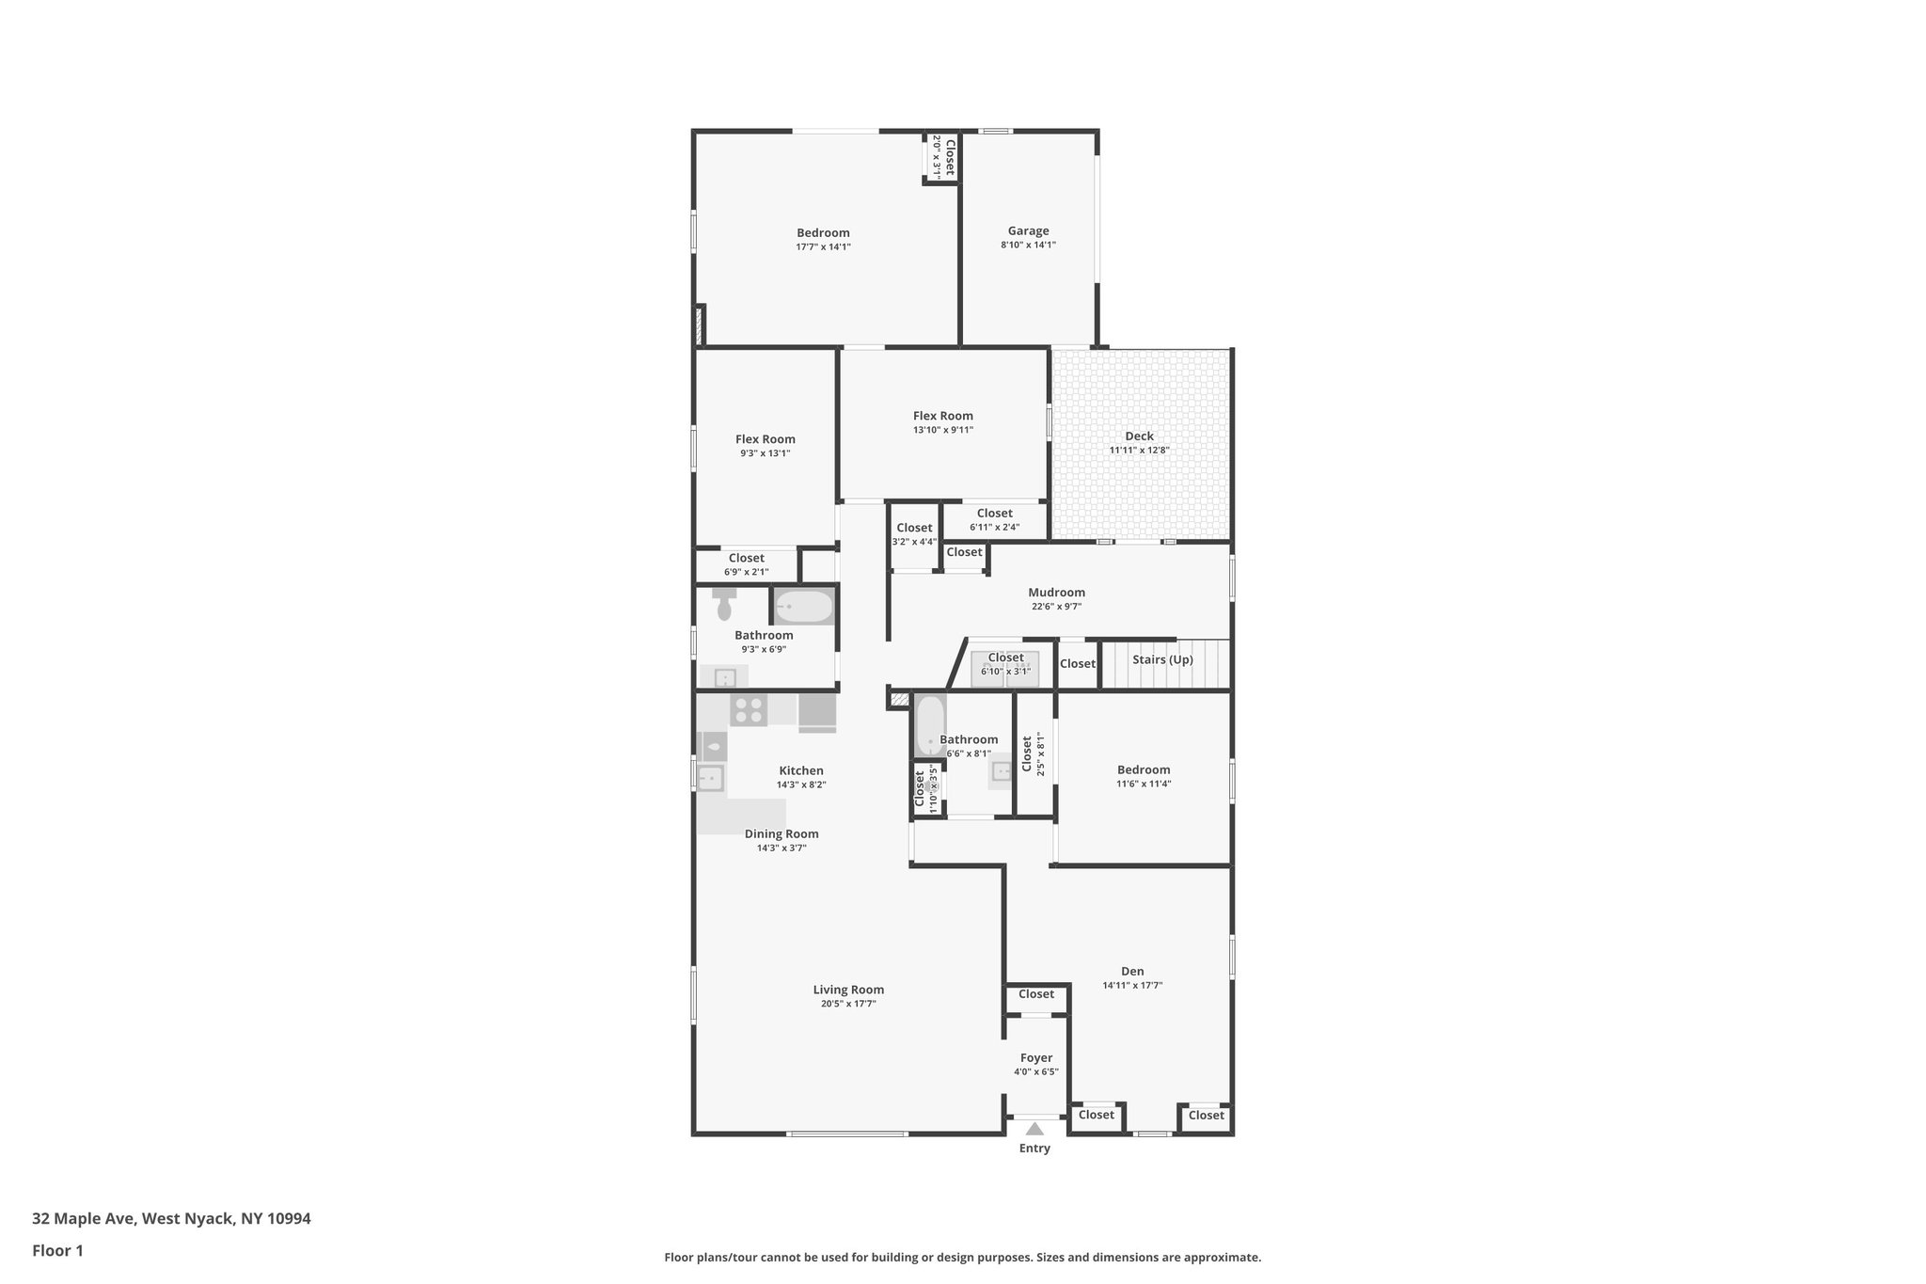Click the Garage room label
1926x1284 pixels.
pyautogui.click(x=1028, y=230)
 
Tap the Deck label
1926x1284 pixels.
pyautogui.click(x=1139, y=436)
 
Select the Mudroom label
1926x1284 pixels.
pyautogui.click(x=1056, y=593)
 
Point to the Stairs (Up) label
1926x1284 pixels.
pyautogui.click(x=1162, y=659)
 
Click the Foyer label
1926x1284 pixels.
pyautogui.click(x=1036, y=1058)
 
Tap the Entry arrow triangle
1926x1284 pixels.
pyautogui.click(x=1034, y=1129)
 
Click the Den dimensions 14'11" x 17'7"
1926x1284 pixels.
pyautogui.click(x=1132, y=986)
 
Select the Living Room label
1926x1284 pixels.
pyautogui.click(x=848, y=990)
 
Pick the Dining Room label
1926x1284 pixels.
pyautogui.click(x=781, y=833)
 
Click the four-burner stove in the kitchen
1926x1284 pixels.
pyautogui.click(x=749, y=709)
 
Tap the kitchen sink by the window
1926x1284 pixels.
pyautogui.click(x=710, y=778)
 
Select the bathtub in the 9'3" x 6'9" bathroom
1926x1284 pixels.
pyautogui.click(x=803, y=607)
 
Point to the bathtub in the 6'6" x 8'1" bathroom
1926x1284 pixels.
pyautogui.click(x=930, y=724)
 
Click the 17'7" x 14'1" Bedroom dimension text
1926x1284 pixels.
pyautogui.click(x=823, y=247)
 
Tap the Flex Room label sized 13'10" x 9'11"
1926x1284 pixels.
pyautogui.click(x=942, y=416)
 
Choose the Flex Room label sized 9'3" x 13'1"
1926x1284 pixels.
pyautogui.click(x=765, y=439)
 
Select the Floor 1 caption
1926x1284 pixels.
pyautogui.click(x=57, y=1251)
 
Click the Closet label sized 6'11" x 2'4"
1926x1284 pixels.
pyautogui.click(x=994, y=514)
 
